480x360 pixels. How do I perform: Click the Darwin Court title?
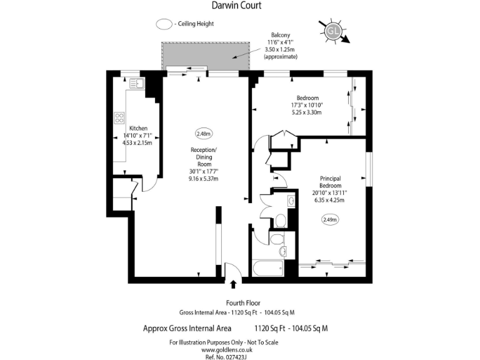tap(240, 6)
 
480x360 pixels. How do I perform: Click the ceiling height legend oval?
tap(164, 24)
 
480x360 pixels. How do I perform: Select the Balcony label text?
tap(280, 35)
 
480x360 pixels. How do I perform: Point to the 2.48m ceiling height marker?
tap(204, 133)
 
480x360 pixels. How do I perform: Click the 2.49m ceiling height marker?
tap(330, 219)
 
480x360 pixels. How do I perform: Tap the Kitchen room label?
tap(138, 128)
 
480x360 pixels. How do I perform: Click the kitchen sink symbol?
tap(137, 82)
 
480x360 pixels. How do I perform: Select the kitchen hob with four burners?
tap(119, 118)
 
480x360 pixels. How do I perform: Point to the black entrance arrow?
tap(234, 285)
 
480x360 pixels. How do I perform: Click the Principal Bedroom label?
tap(330, 181)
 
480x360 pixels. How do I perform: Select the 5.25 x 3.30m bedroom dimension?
tap(308, 113)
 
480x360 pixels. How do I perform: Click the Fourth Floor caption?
tap(239, 303)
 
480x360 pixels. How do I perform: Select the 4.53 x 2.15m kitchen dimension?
tap(137, 142)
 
